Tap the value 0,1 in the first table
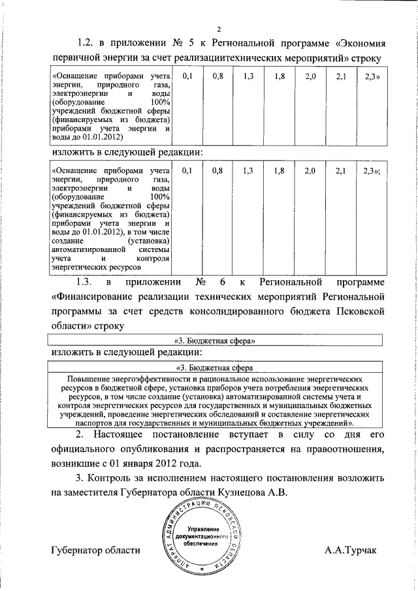[188, 77]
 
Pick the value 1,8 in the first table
[280, 77]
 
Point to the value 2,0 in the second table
[310, 171]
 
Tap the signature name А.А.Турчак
[350, 551]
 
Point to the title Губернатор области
[95, 551]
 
